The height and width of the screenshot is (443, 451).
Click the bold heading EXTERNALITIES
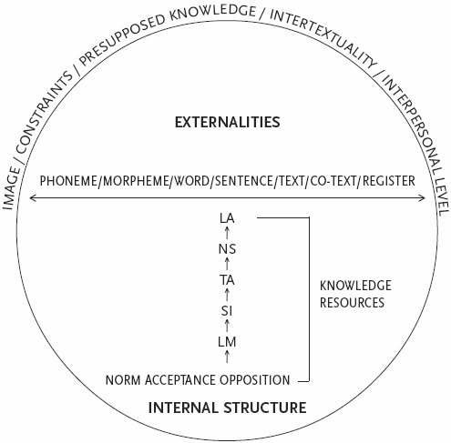(227, 122)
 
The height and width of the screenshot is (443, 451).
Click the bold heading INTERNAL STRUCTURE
(227, 408)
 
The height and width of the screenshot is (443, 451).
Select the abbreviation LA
(227, 218)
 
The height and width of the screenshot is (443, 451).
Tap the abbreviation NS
(227, 249)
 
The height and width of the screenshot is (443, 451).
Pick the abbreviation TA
(227, 280)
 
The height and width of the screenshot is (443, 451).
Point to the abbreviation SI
(227, 311)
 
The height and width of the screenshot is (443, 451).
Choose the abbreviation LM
(227, 342)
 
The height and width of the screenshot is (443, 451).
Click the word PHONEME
(68, 181)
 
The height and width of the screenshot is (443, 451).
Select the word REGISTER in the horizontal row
(389, 181)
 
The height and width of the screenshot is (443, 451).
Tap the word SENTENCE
(244, 181)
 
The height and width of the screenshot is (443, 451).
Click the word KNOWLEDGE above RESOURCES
(355, 286)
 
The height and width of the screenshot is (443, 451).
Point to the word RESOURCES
(352, 303)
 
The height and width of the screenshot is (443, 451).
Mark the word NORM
(124, 380)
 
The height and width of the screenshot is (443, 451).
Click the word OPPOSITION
(255, 380)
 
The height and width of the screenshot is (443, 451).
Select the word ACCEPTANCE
(180, 380)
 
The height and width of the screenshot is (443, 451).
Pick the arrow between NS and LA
(227, 233)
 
